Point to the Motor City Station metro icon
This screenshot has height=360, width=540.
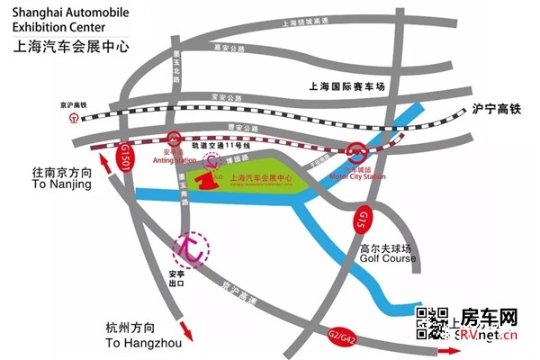click(357, 152)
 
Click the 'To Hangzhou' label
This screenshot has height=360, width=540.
click(143, 343)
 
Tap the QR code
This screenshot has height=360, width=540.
click(432, 322)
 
